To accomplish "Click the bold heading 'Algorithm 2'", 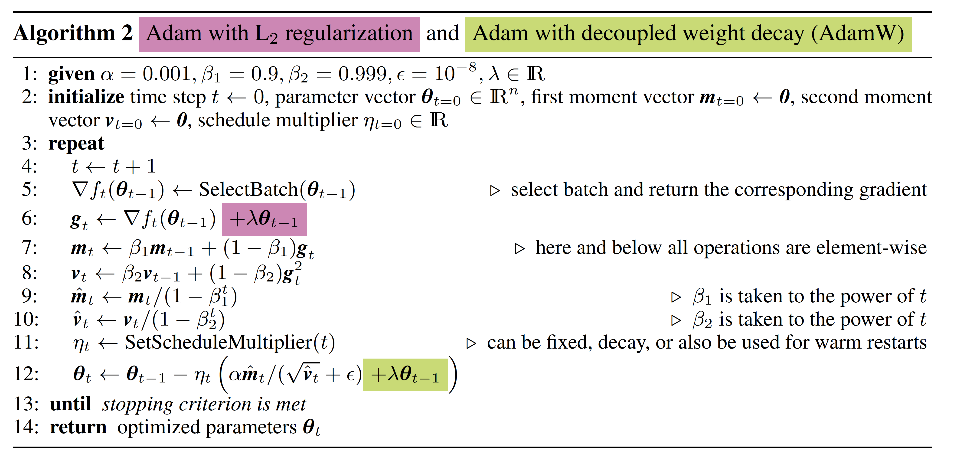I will (x=73, y=33).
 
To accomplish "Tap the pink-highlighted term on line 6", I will (x=264, y=219).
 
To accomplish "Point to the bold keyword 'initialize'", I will (x=86, y=97).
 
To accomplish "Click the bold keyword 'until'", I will (x=70, y=404).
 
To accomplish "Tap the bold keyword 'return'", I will (x=78, y=427).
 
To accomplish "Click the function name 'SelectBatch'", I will (x=248, y=190).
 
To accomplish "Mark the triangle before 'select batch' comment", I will (x=494, y=191).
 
